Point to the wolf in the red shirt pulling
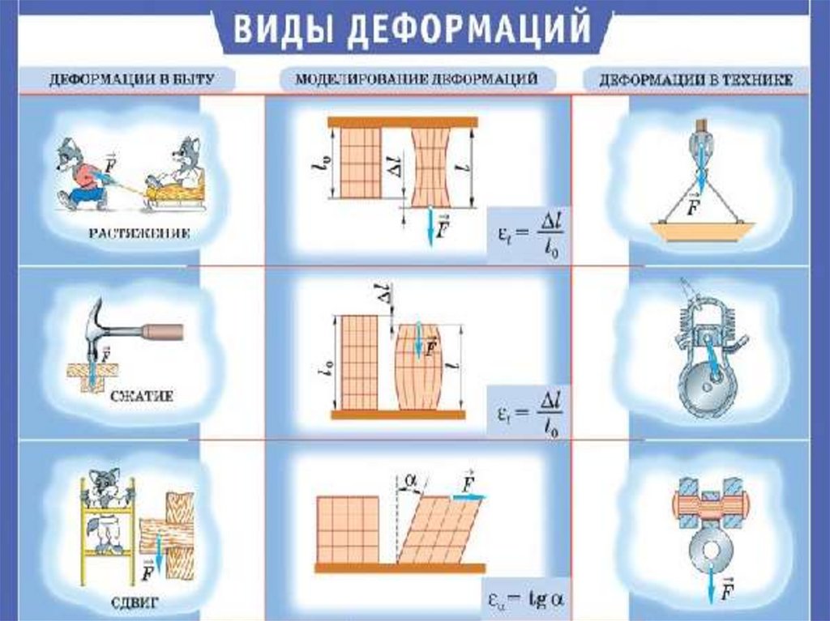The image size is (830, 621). [82, 174]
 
